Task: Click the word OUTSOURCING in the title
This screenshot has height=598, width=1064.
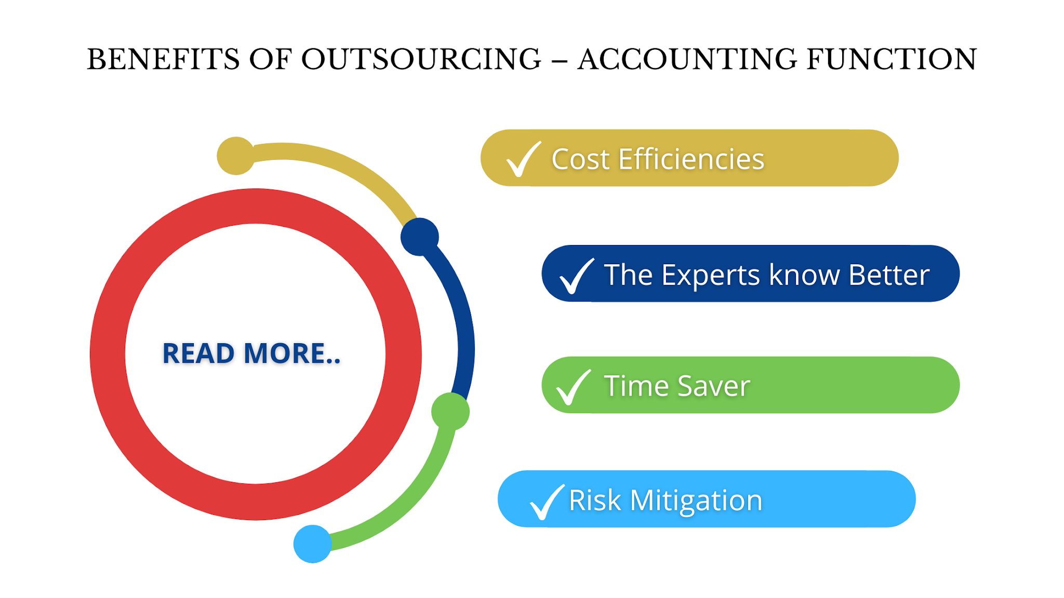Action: [x=421, y=59]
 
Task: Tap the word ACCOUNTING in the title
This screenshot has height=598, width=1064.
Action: [x=687, y=59]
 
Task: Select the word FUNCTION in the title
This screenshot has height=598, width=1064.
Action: [x=892, y=59]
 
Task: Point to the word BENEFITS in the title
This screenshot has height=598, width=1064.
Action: [x=163, y=59]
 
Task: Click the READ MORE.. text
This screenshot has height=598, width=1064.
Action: [x=251, y=354]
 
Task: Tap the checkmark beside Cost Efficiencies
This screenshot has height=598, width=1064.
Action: [x=523, y=159]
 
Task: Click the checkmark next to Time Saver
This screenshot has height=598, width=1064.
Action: [x=573, y=387]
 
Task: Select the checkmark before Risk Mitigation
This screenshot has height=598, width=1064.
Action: [x=546, y=501]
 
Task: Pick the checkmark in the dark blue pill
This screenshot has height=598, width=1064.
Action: [x=576, y=276]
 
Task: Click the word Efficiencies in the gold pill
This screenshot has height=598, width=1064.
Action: [x=691, y=159]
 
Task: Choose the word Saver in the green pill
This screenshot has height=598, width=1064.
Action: [x=713, y=386]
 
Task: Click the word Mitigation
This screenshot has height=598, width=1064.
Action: [x=696, y=500]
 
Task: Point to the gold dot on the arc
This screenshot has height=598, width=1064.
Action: [x=236, y=156]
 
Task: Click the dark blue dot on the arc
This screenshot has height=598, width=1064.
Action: [x=420, y=237]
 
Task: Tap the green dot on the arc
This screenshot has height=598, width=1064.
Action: [x=450, y=412]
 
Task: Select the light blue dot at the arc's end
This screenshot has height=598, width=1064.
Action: [x=312, y=543]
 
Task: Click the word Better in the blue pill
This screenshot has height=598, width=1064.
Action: [x=888, y=275]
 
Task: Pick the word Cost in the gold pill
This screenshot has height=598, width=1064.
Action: [x=580, y=159]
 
